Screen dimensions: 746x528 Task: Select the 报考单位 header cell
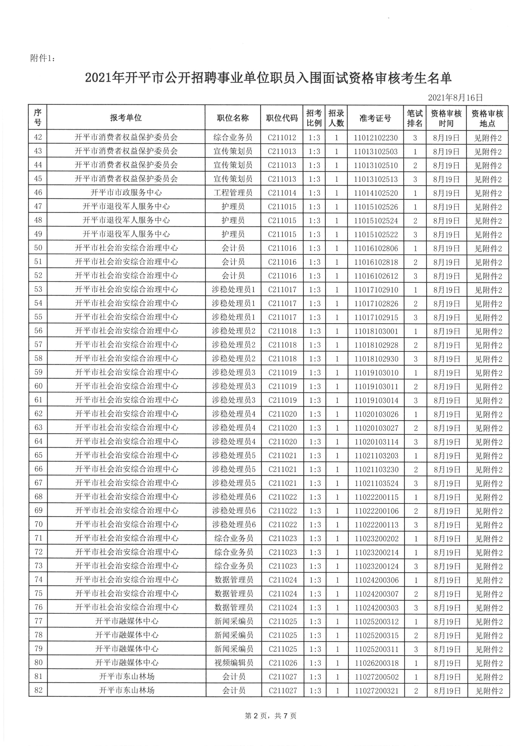coord(126,118)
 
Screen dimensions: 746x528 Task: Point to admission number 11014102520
coord(376,193)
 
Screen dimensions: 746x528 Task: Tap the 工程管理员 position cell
coord(233,193)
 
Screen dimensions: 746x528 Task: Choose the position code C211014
coord(282,193)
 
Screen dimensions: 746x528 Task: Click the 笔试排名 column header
coord(415,118)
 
